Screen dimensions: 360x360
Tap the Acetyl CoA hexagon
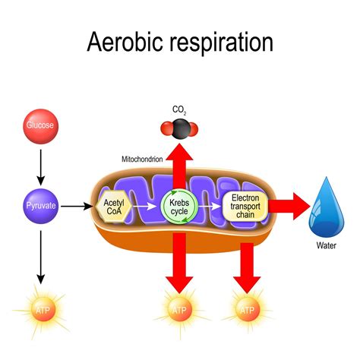(x=113, y=206)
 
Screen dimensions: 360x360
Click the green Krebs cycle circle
(x=180, y=206)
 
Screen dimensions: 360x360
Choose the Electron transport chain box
(x=245, y=206)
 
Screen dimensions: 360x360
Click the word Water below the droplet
(x=326, y=245)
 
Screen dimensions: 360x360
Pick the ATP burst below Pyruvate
(x=39, y=309)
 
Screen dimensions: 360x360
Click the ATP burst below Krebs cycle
(x=180, y=311)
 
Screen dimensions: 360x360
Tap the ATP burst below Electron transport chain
(x=245, y=311)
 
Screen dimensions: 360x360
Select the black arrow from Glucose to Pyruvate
(x=39, y=163)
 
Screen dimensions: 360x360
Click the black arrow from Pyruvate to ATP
(x=39, y=254)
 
